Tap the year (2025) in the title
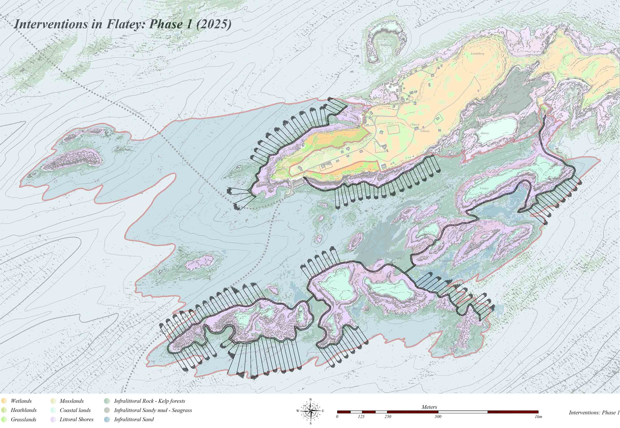coord(213,24)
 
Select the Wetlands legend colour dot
coord(4,401)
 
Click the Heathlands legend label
coord(24,410)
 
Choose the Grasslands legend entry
coord(24,419)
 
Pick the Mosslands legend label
coord(72,401)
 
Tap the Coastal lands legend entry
coord(75,410)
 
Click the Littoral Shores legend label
coord(76,419)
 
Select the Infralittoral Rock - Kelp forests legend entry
coord(149,401)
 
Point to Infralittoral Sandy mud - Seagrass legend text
coord(153,410)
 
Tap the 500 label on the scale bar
coord(438,417)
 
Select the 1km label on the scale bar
coord(538,417)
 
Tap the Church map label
coord(415,125)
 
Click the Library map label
coord(425,131)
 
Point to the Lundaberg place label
coord(478,54)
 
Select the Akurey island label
coord(485,133)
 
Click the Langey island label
coord(484,188)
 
